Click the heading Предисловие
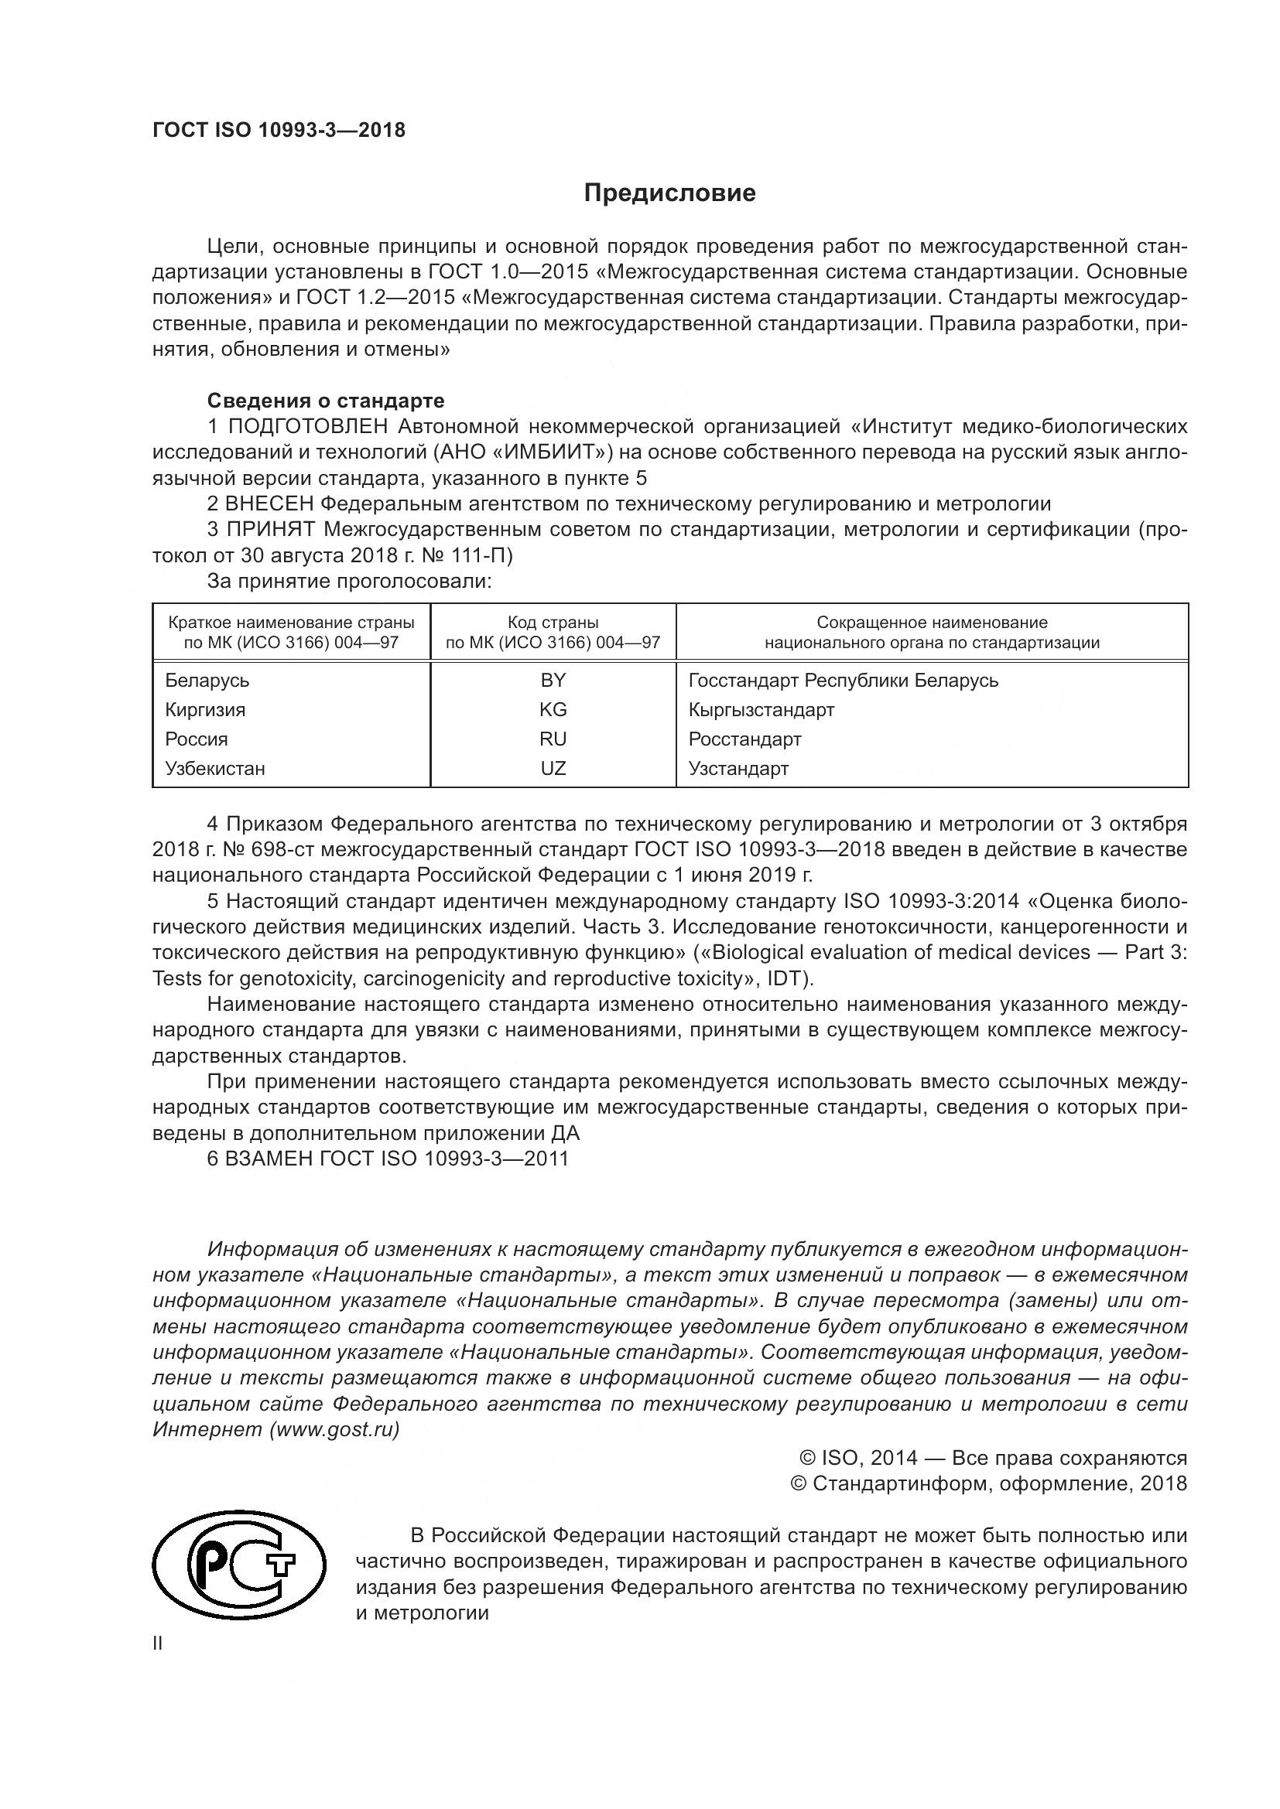pyautogui.click(x=669, y=193)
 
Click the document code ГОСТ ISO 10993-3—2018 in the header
pyautogui.click(x=279, y=130)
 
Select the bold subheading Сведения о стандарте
pyautogui.click(x=326, y=401)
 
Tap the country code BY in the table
pyautogui.click(x=553, y=680)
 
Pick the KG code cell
pyautogui.click(x=553, y=709)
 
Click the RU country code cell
pyautogui.click(x=553, y=739)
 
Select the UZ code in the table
pyautogui.click(x=553, y=768)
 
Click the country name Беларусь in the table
pyautogui.click(x=207, y=680)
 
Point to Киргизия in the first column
pyautogui.click(x=205, y=709)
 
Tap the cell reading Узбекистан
pyautogui.click(x=214, y=768)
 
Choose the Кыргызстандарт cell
pyautogui.click(x=761, y=709)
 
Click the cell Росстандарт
pyautogui.click(x=744, y=739)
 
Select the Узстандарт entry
pyautogui.click(x=738, y=768)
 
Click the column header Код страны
pyautogui.click(x=553, y=623)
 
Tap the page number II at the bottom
pyautogui.click(x=158, y=1643)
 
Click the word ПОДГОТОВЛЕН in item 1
pyautogui.click(x=307, y=427)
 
